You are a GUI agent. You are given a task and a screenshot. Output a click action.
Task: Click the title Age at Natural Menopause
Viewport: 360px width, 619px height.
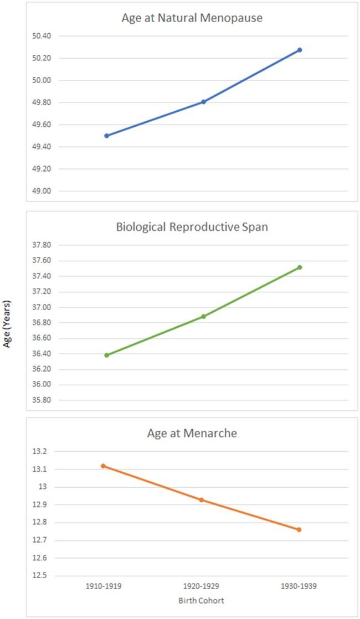point(192,18)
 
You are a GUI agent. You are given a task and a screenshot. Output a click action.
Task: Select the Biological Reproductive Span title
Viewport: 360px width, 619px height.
point(192,226)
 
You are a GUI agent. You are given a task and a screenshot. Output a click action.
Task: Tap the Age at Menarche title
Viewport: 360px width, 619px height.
point(192,433)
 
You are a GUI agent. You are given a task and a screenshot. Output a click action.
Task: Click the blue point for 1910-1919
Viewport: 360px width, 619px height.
point(106,136)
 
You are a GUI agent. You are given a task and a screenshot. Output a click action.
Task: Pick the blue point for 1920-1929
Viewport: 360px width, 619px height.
point(203,102)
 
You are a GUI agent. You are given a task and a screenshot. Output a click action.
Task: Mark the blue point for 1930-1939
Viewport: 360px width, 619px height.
point(300,50)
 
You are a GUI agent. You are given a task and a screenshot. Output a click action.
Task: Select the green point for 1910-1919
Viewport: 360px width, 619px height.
point(106,355)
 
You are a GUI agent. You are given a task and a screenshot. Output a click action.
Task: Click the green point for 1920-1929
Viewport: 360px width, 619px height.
point(203,317)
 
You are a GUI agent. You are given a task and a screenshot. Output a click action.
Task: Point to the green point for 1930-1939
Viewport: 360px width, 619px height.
point(300,267)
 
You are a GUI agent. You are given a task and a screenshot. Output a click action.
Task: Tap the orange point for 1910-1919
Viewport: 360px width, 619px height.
point(103,466)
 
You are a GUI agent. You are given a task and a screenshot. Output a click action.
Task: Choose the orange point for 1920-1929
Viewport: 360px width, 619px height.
point(202,500)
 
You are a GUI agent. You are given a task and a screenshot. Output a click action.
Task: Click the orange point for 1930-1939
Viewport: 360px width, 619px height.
point(299,530)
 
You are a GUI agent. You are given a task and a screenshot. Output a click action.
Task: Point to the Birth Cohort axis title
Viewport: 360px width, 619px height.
point(201,600)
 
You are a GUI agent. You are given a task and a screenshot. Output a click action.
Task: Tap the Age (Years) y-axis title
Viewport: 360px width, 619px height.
point(7,324)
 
